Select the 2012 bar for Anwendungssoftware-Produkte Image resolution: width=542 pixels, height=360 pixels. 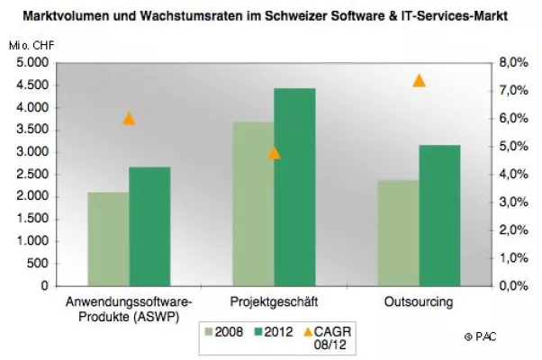[149, 226]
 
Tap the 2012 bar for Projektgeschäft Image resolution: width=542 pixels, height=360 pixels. [294, 186]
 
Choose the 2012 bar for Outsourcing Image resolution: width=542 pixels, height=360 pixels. [439, 215]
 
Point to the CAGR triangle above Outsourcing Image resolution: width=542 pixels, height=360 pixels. [419, 81]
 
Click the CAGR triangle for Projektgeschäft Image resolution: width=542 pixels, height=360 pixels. [274, 152]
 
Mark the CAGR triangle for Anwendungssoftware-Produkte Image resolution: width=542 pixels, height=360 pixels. [129, 119]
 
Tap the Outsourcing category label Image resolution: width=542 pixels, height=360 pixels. [419, 301]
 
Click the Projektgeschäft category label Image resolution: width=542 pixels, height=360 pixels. [274, 301]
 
